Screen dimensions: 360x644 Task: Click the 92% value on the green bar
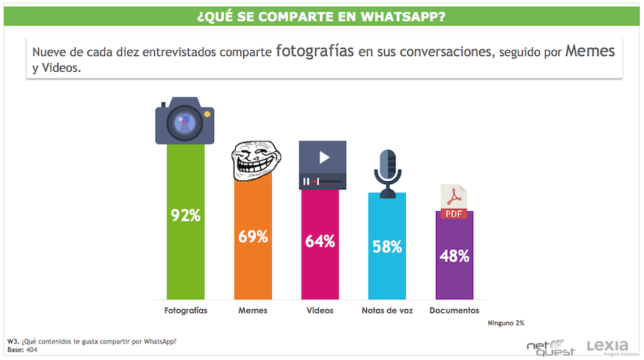click(x=186, y=216)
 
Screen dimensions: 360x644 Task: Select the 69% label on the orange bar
click(x=253, y=237)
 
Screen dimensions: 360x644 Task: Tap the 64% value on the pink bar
click(x=320, y=242)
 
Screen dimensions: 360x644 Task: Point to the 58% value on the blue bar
click(x=387, y=247)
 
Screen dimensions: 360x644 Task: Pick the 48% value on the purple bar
click(x=455, y=255)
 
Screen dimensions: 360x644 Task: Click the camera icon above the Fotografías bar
click(x=185, y=120)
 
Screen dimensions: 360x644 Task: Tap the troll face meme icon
click(x=252, y=161)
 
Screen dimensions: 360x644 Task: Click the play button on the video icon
click(x=324, y=157)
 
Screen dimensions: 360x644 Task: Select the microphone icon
click(x=387, y=173)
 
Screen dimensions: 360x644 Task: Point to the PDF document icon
click(x=454, y=202)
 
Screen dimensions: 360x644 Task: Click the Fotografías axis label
click(x=186, y=310)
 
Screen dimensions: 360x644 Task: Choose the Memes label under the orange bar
click(x=252, y=310)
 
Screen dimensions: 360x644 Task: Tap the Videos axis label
click(x=320, y=310)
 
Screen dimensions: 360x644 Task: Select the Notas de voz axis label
click(x=387, y=310)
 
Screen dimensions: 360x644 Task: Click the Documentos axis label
click(x=455, y=310)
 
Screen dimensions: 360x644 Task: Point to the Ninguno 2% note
click(x=505, y=323)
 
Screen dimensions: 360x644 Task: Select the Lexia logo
click(x=611, y=347)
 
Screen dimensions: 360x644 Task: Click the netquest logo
click(x=550, y=347)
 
